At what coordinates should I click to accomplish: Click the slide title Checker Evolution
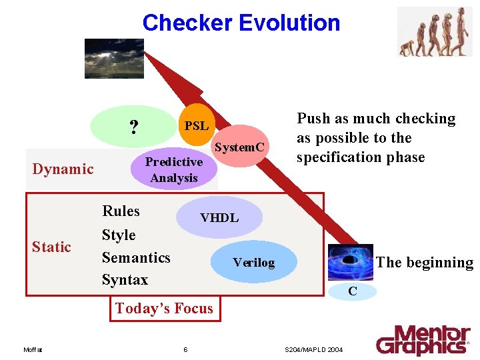[241, 23]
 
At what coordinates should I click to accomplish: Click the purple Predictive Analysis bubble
[174, 170]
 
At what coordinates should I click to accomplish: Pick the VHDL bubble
[219, 218]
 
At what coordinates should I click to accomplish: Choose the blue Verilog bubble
[253, 262]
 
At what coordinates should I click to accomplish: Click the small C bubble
[353, 291]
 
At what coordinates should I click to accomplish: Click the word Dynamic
[63, 169]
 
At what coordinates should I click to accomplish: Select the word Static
[51, 247]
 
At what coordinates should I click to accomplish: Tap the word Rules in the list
[121, 211]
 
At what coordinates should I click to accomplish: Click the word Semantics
[136, 257]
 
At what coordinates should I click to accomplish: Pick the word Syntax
[125, 279]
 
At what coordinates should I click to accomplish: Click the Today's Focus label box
[164, 308]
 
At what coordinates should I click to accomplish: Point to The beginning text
[425, 263]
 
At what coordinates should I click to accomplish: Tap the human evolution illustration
[434, 31]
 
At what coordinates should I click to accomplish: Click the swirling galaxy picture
[349, 261]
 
